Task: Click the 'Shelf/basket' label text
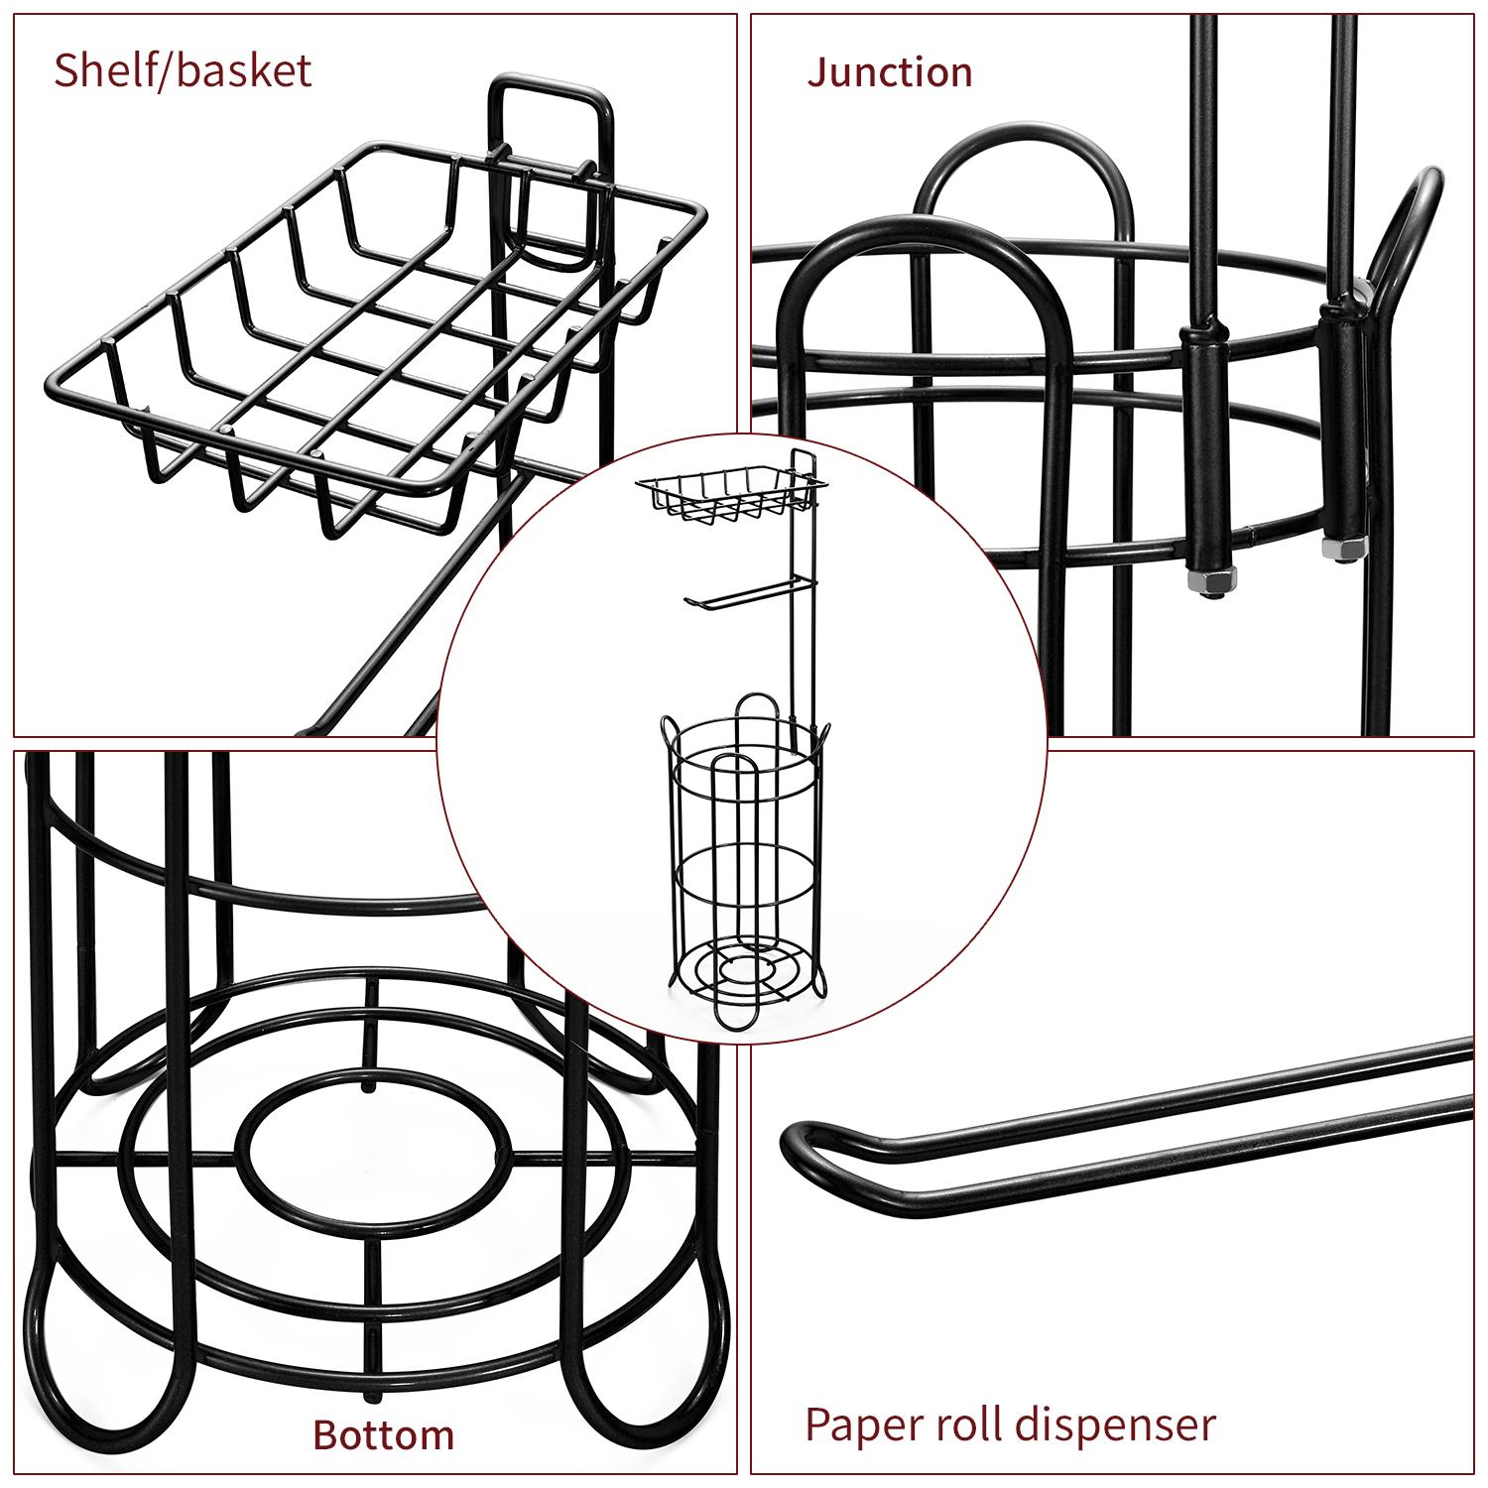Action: tap(183, 71)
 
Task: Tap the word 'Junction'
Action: tap(889, 72)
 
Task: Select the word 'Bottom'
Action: tap(384, 1434)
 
